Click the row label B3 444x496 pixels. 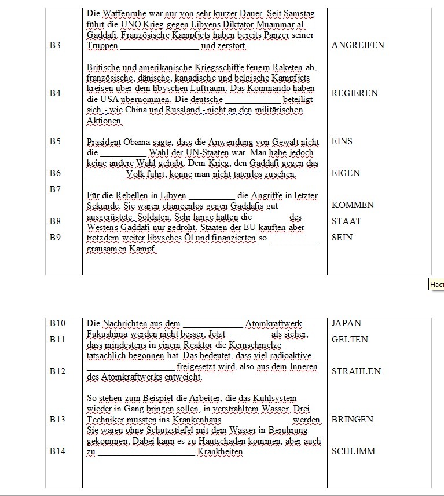[55, 45]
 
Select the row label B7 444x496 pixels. [55, 189]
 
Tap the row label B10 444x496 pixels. [57, 323]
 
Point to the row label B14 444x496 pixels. [57, 451]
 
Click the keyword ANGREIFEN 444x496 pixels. [358, 45]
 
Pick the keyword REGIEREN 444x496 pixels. [355, 93]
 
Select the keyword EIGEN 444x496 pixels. [346, 173]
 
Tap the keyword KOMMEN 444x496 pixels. [353, 205]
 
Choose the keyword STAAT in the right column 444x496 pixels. [346, 221]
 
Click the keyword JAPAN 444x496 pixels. [346, 323]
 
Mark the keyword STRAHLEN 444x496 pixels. [356, 371]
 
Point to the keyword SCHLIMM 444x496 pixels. [353, 451]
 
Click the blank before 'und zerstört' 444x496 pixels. [159, 46]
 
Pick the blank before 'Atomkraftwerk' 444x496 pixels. [212, 324]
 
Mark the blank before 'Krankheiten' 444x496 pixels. [146, 453]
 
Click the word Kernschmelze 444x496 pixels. [277, 345]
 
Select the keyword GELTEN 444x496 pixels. [350, 340]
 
